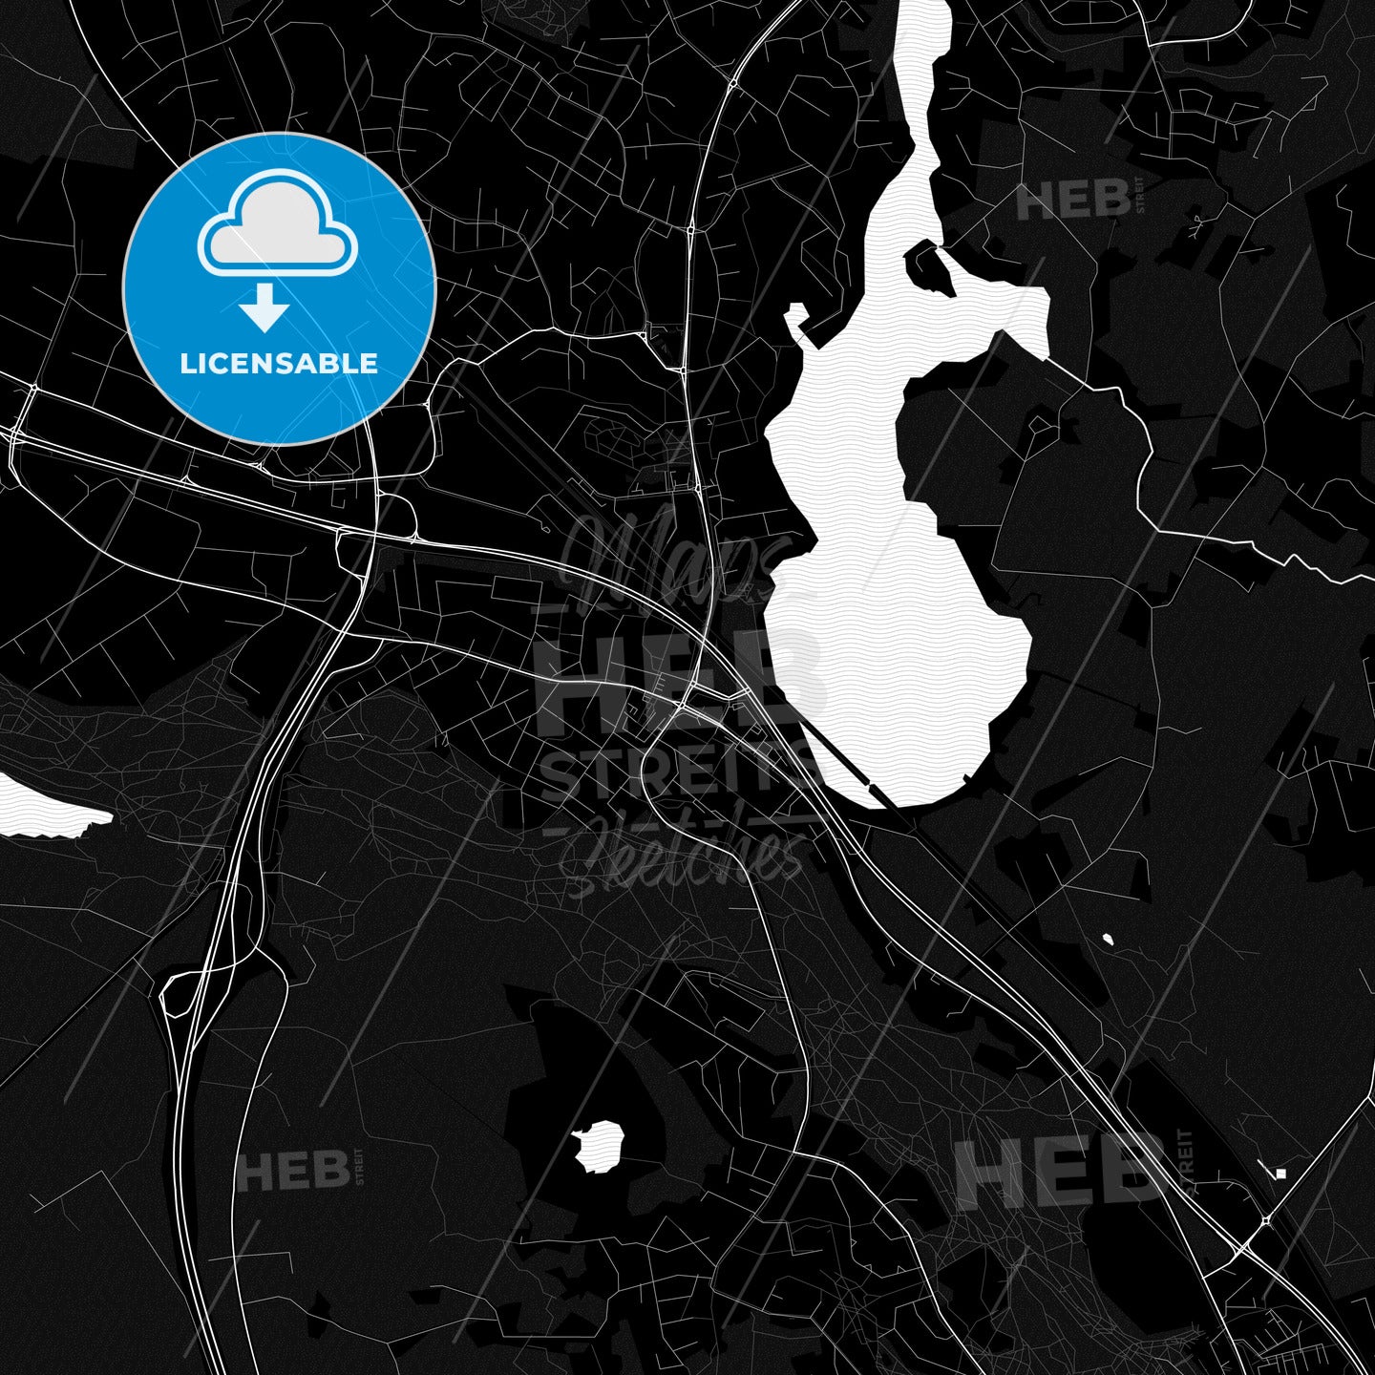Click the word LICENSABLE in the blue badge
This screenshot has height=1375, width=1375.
279,364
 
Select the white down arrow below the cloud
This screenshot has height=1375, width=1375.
264,309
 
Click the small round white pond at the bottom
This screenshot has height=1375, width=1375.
600,1145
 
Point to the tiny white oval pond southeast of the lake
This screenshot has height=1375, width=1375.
1108,940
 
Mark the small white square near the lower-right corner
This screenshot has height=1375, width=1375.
1280,1174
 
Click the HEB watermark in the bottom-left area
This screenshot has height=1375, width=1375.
293,1171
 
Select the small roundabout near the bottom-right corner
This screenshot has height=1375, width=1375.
1266,1220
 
